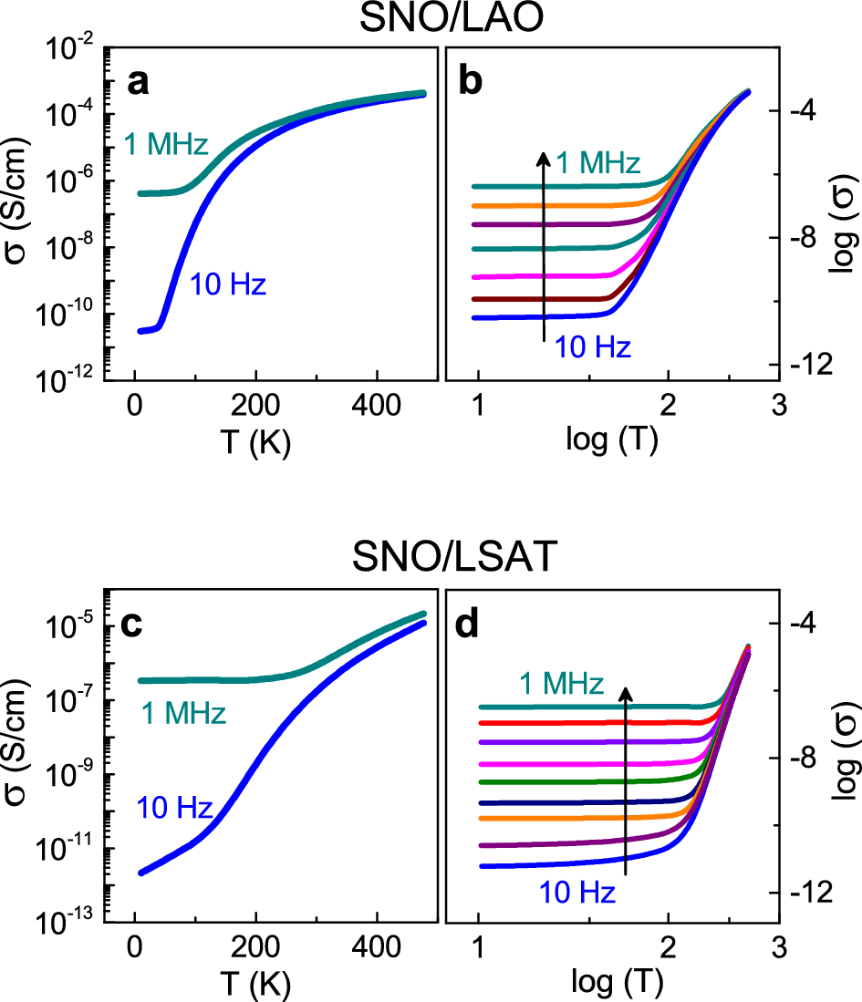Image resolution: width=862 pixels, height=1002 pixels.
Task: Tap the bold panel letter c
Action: [x=138, y=626]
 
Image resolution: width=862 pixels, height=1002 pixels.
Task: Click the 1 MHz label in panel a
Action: [x=168, y=144]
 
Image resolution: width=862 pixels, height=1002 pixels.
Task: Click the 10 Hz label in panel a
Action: [x=228, y=286]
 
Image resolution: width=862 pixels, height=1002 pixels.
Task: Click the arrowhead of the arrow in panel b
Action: [x=543, y=158]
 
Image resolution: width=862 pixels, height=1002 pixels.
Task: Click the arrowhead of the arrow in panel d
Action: [x=626, y=694]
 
